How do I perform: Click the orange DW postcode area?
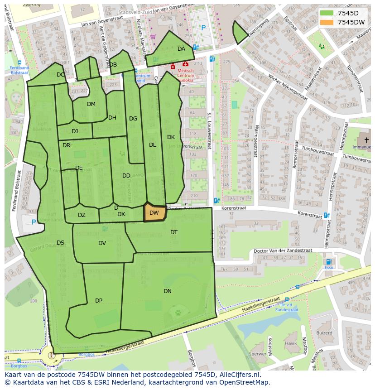(154, 212)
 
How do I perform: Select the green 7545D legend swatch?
(326, 14)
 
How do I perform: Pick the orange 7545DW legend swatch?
(326, 22)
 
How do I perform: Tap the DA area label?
(181, 49)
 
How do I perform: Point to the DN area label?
(168, 291)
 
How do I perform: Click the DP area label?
(99, 301)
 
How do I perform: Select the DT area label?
(174, 232)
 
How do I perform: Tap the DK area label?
(171, 137)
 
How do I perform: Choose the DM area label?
(91, 104)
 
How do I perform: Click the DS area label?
(60, 243)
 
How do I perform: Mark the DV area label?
(102, 243)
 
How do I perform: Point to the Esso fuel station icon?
(328, 262)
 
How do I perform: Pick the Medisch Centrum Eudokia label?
(185, 75)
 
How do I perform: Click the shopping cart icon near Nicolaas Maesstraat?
(153, 37)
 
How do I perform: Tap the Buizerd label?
(324, 333)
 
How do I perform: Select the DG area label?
(133, 119)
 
